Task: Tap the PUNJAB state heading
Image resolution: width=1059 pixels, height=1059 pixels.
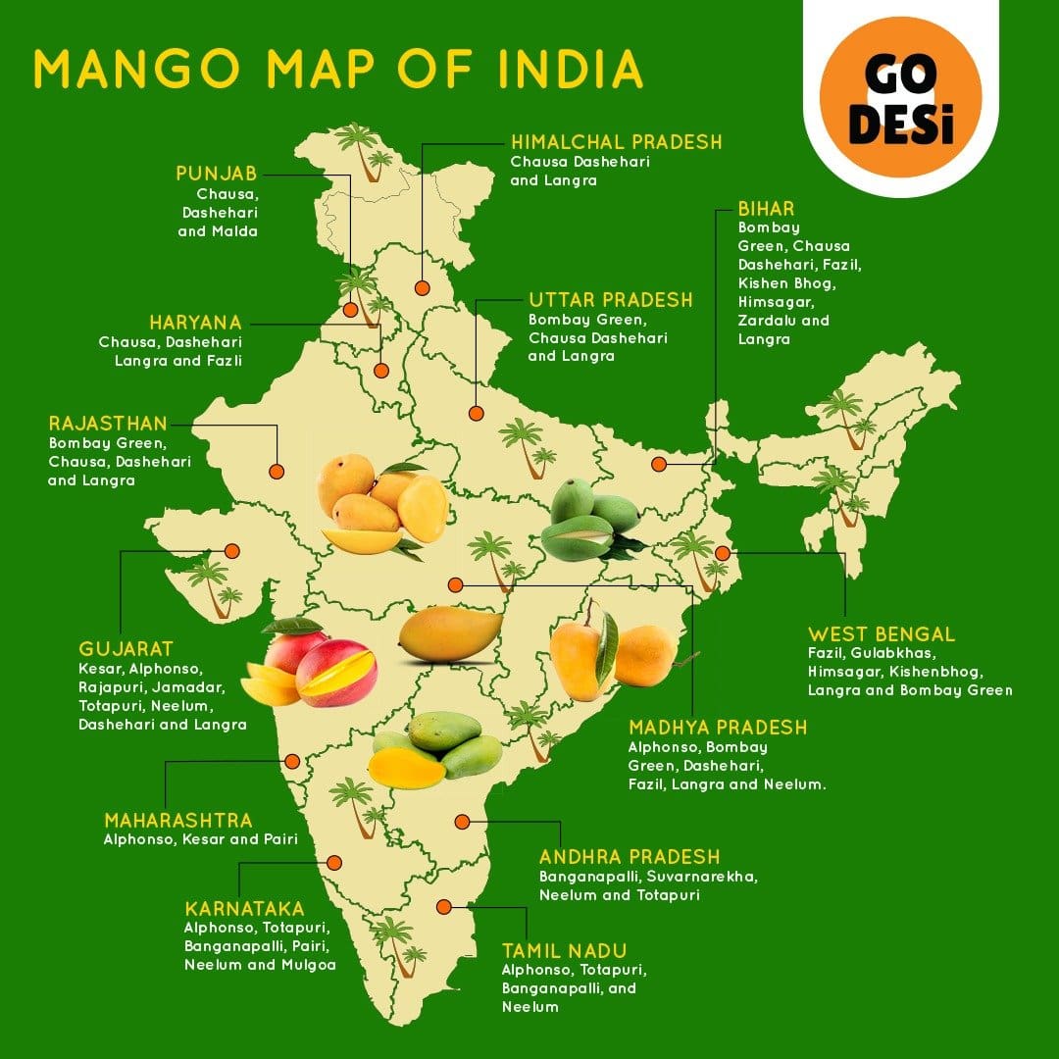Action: pos(217,174)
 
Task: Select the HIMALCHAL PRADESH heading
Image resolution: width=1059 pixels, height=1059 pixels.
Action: pos(616,142)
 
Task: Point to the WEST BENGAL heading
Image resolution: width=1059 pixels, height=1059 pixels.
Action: pos(881,634)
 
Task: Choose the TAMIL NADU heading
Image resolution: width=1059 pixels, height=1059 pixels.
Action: pos(564,950)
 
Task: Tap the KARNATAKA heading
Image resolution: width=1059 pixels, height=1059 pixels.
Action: pos(244,908)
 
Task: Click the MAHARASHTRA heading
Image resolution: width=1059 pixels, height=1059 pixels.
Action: pos(178,820)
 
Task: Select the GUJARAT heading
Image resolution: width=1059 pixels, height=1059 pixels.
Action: pos(126,649)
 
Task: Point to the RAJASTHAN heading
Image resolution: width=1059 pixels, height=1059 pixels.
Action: pos(108,424)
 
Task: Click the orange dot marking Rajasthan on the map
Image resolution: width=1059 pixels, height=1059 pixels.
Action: pos(277,471)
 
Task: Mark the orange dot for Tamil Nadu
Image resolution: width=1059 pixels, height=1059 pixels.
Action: pos(444,907)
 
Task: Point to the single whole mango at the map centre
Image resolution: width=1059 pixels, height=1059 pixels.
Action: pos(450,632)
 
